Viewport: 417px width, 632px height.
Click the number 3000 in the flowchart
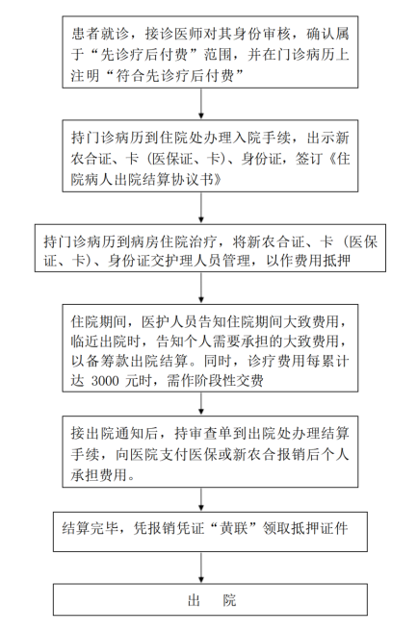tap(105, 381)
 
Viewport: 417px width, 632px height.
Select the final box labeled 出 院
tap(210, 599)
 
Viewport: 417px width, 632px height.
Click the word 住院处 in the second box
tap(182, 138)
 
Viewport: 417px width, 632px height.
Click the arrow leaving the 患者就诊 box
tap(201, 104)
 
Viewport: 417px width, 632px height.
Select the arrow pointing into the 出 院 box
tap(201, 568)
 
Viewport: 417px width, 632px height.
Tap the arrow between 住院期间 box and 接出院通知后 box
tap(201, 403)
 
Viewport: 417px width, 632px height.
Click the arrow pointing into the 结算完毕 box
tap(201, 499)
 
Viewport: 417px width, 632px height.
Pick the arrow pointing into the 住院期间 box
tap(201, 288)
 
